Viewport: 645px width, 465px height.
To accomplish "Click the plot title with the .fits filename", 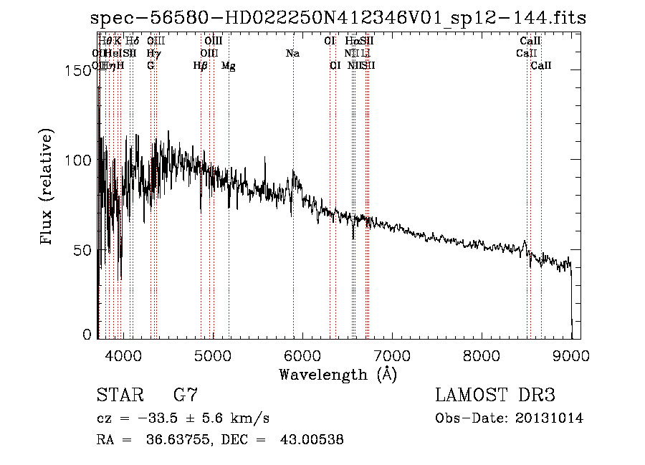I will (x=339, y=19).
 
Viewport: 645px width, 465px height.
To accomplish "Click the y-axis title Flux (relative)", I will (x=47, y=188).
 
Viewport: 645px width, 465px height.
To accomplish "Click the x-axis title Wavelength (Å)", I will (x=338, y=374).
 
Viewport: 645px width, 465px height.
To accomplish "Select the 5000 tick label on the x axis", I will (x=213, y=354).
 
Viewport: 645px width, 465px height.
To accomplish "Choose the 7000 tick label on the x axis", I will (x=392, y=354).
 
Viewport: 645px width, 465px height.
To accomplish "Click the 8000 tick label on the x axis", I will (x=482, y=354).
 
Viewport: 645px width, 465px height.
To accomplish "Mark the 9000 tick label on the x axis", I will (x=571, y=354).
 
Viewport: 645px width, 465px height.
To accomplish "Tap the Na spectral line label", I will (x=292, y=53).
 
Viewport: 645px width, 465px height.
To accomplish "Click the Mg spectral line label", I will (x=229, y=66).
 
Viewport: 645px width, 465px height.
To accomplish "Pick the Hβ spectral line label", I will (x=201, y=66).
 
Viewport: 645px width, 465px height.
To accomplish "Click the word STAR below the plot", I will (x=119, y=396).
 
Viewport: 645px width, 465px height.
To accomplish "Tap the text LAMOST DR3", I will (x=494, y=396).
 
